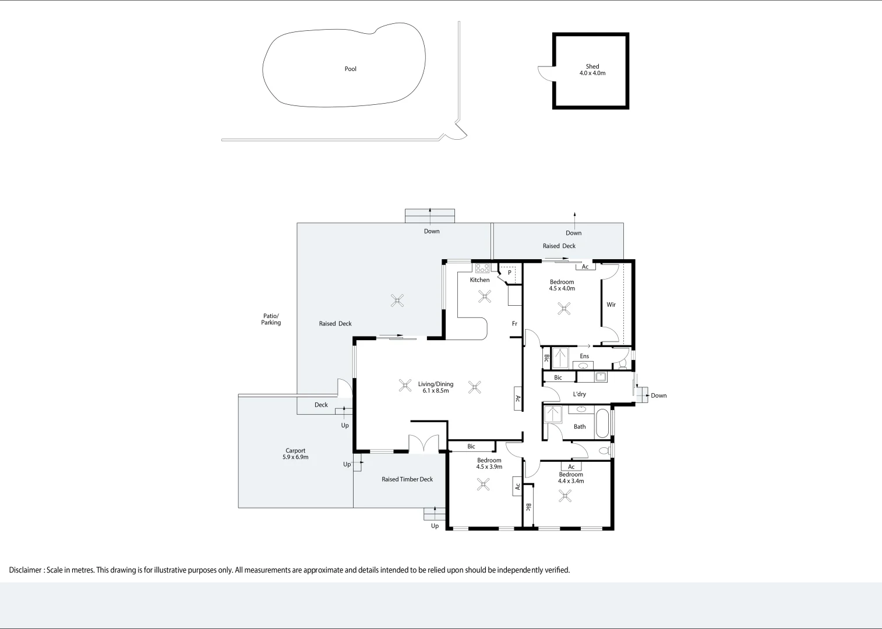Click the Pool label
click(350, 69)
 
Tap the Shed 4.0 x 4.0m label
click(592, 70)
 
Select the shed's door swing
click(545, 73)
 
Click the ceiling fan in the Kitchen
click(484, 297)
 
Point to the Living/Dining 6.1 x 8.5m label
click(435, 387)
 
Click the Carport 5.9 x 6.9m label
click(295, 454)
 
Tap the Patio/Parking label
click(271, 319)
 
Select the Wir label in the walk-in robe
click(611, 305)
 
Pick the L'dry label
click(579, 394)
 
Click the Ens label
click(584, 356)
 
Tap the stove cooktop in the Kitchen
click(482, 268)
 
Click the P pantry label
click(509, 273)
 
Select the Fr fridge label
click(514, 324)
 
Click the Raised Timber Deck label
click(407, 479)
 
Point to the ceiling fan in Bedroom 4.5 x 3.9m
click(483, 484)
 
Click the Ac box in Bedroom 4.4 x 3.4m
click(571, 467)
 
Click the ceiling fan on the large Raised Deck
click(397, 301)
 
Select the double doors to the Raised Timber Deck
click(424, 444)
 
